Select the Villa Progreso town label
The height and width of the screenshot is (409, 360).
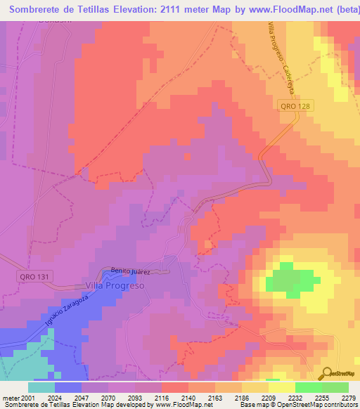[x=115, y=286]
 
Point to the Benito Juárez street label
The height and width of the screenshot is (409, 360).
[x=131, y=270]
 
